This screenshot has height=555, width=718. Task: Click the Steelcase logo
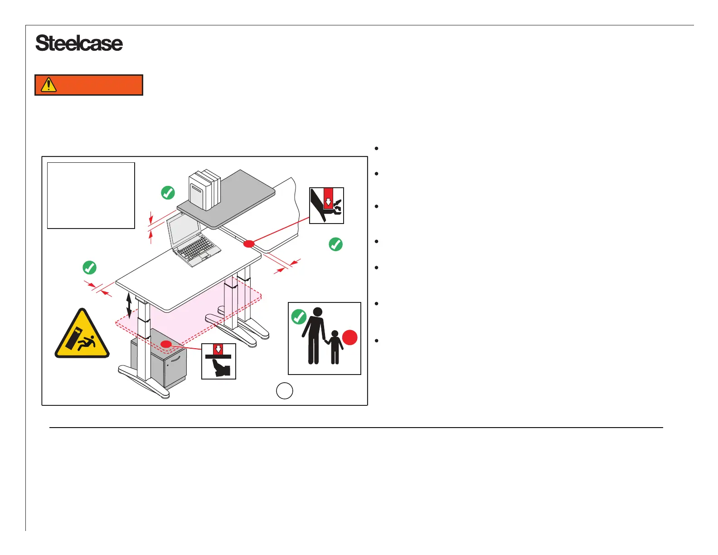[x=79, y=44]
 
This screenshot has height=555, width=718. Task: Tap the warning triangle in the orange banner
[x=49, y=85]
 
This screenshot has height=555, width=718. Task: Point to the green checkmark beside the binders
[x=168, y=193]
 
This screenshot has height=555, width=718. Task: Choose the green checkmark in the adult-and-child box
[x=299, y=316]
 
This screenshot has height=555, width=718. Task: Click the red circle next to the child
[x=349, y=338]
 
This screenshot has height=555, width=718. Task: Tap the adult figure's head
[x=318, y=312]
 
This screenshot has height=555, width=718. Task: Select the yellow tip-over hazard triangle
[x=82, y=335]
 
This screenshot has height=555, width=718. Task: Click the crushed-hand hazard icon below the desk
[x=218, y=361]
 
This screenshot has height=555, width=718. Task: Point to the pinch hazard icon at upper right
[x=326, y=205]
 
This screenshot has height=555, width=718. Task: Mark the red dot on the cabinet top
[x=166, y=344]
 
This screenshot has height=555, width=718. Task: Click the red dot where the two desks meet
[x=249, y=244]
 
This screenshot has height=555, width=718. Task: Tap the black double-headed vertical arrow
[x=129, y=305]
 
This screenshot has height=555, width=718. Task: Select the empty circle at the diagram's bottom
[x=285, y=390]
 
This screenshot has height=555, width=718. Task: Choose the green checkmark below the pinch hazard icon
[x=335, y=244]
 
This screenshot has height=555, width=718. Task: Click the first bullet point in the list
[x=377, y=149]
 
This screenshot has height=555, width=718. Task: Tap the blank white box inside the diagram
[x=91, y=195]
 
